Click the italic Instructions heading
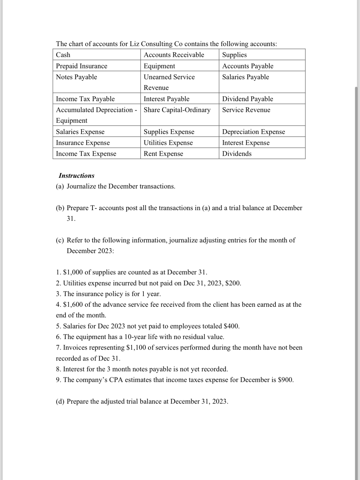click(76, 176)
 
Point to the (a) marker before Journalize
click(60, 186)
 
